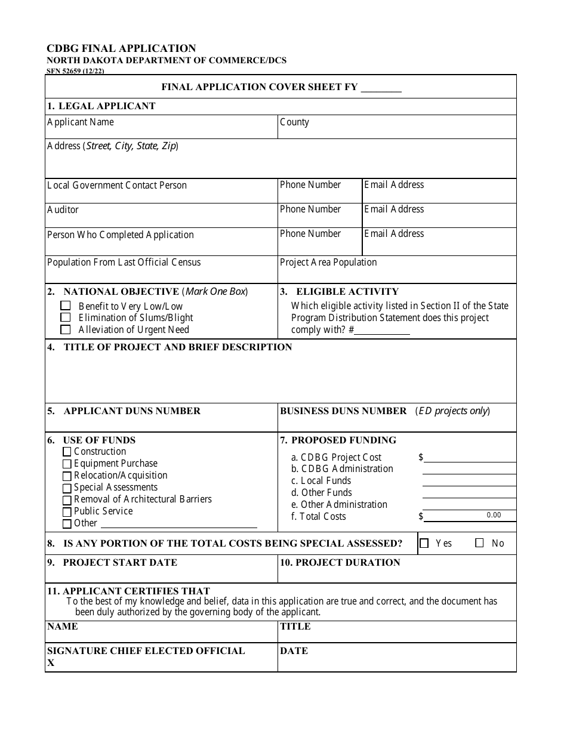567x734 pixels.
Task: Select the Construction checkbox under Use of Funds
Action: (x=67, y=452)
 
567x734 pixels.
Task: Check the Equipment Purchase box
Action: (x=67, y=464)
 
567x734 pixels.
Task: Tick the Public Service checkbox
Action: (x=67, y=512)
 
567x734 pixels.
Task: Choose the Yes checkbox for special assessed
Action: (x=424, y=544)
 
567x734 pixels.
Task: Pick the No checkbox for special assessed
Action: (x=479, y=544)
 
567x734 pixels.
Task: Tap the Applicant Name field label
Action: (x=81, y=122)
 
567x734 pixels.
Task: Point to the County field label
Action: (x=294, y=122)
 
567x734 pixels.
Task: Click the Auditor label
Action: (x=63, y=210)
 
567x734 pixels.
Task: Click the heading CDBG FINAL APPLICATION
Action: (x=121, y=48)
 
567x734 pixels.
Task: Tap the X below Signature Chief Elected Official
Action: (x=51, y=663)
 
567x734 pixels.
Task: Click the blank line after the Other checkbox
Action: (x=179, y=524)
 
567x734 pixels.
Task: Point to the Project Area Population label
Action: (x=328, y=263)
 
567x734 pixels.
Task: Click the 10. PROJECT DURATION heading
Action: (x=340, y=563)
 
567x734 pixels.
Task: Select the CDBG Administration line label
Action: (x=342, y=469)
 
